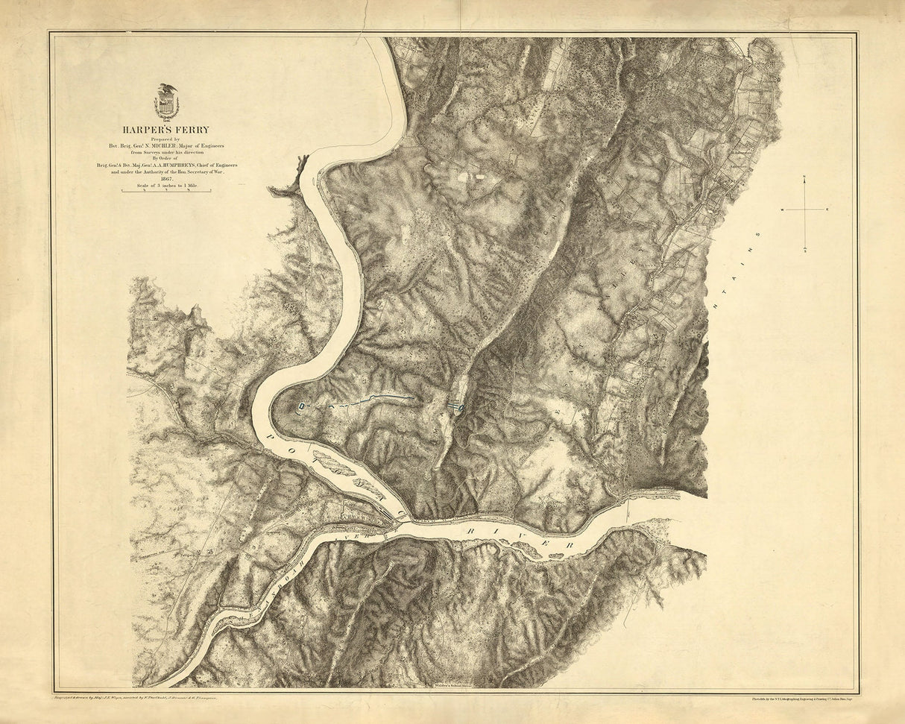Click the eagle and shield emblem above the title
click(166, 102)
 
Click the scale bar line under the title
click(166, 192)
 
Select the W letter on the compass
click(782, 211)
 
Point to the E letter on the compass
click(827, 211)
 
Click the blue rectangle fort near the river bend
click(301, 406)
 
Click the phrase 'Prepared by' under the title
click(166, 138)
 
